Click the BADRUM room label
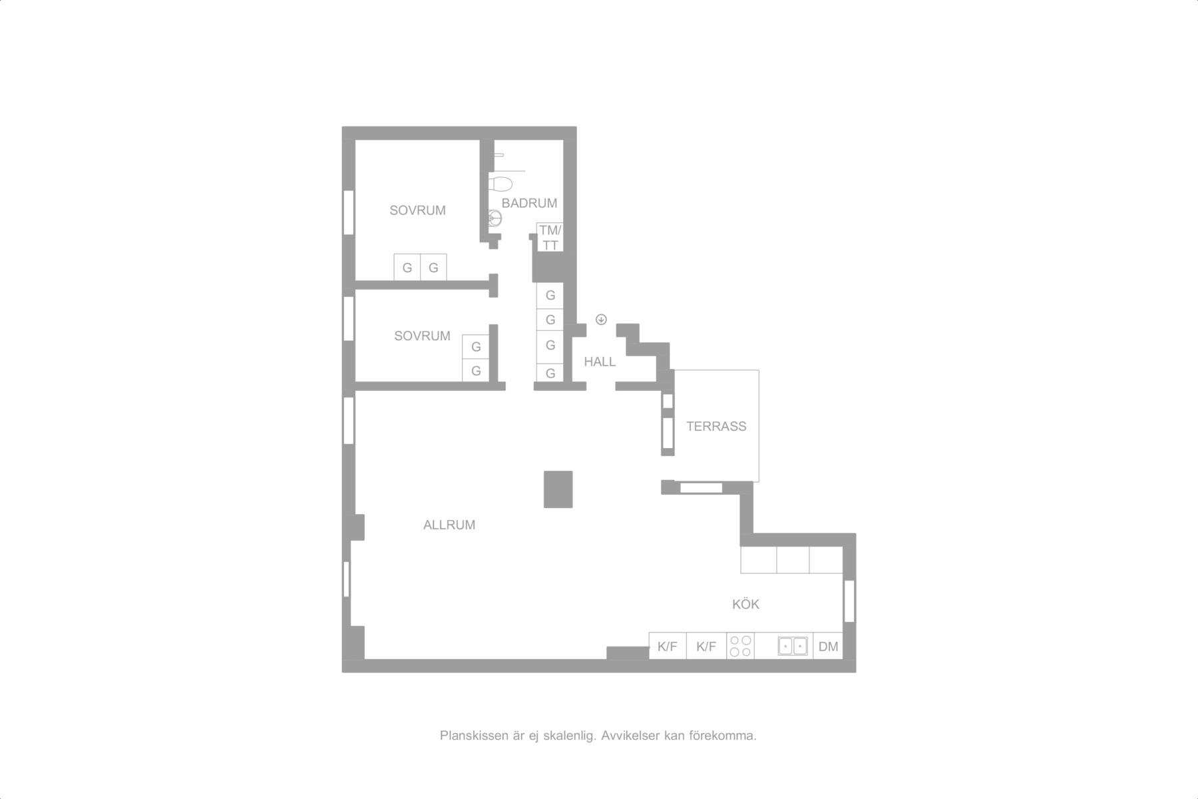point(529,203)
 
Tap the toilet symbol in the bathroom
point(500,182)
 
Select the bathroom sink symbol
point(495,218)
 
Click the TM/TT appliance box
point(550,238)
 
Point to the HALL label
point(600,362)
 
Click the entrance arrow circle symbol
point(601,320)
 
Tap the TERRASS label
point(716,426)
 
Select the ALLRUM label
point(449,525)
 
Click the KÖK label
point(745,604)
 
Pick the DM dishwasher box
point(828,646)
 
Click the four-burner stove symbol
point(740,646)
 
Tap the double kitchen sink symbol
point(793,646)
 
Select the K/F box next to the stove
point(706,646)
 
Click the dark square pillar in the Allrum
point(558,489)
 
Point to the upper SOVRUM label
point(417,210)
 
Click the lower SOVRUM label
point(422,336)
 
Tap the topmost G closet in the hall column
point(550,296)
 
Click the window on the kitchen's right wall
point(849,601)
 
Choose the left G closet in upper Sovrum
point(407,268)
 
